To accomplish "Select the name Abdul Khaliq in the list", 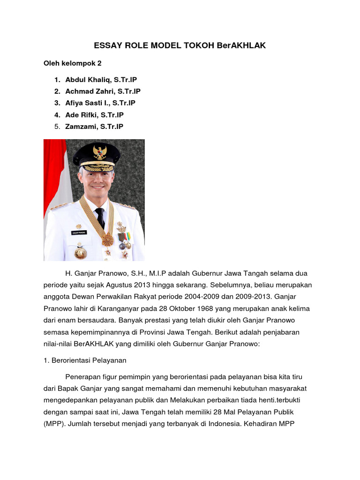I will point(89,80).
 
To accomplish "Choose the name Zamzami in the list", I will point(81,127).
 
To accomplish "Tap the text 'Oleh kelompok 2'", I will point(73,63).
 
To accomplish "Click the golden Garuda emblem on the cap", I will point(100,152).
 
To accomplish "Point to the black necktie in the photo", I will point(100,218).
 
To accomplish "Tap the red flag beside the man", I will point(54,178).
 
